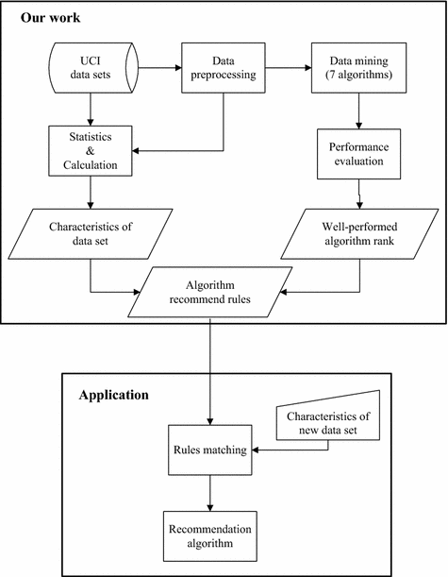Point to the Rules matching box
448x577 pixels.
click(210, 450)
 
